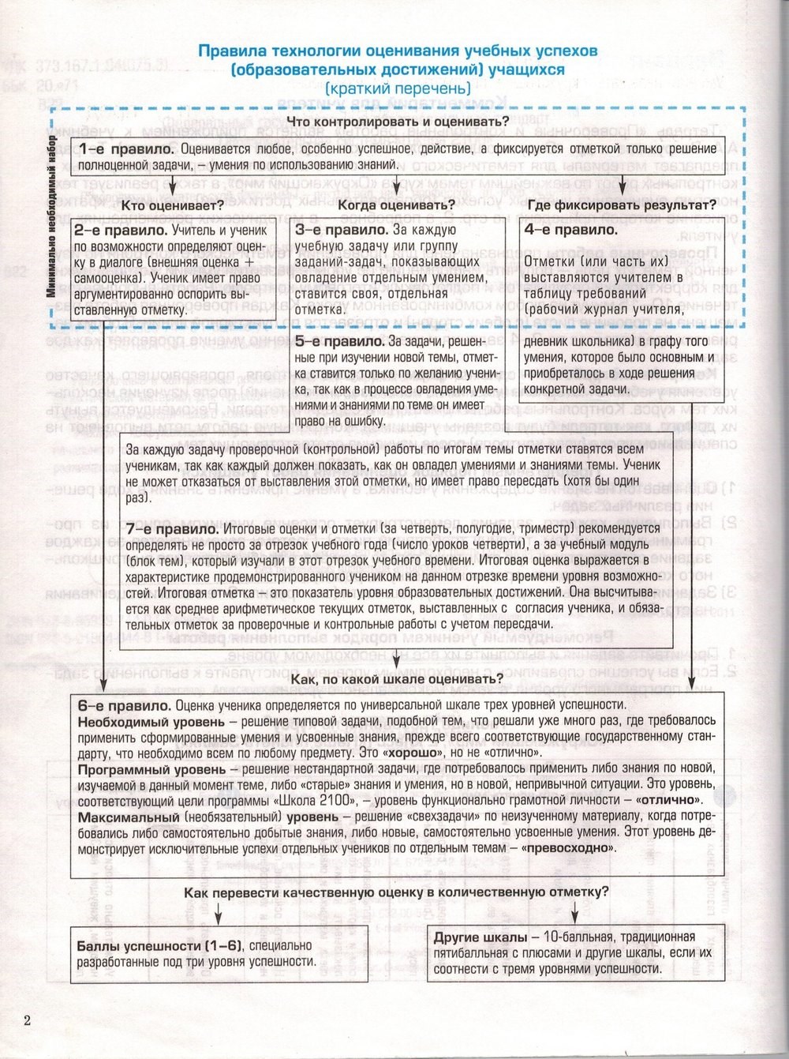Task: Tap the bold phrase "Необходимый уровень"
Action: pos(140,721)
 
